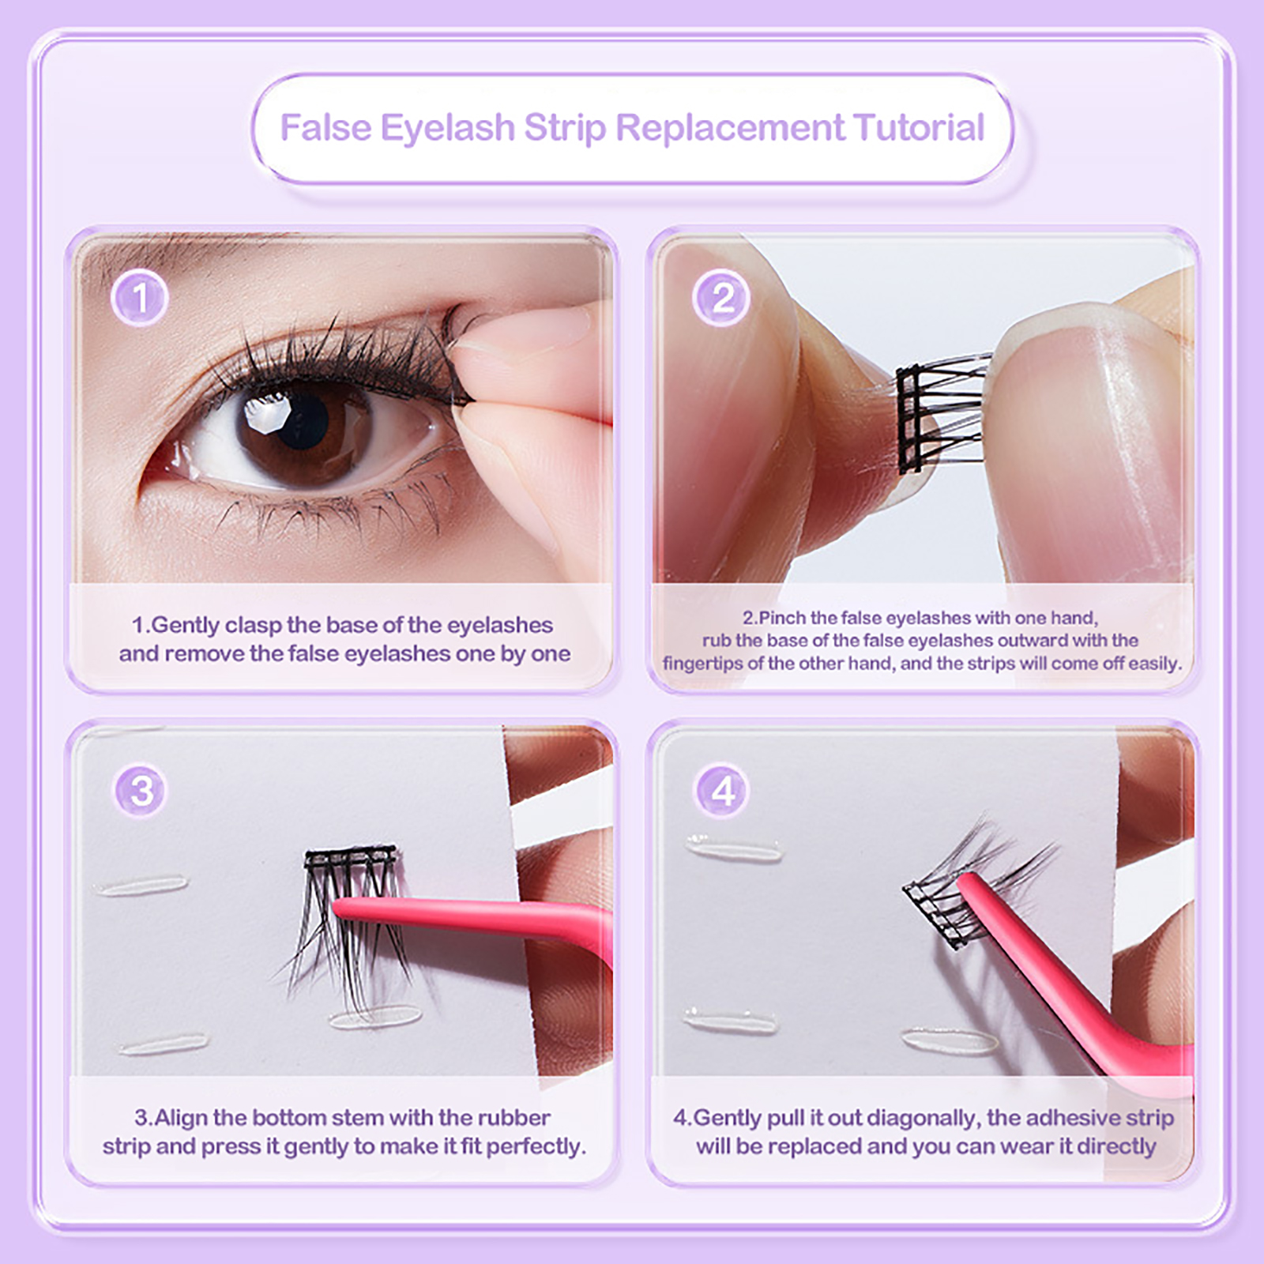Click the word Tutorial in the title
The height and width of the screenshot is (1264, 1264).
pos(919,127)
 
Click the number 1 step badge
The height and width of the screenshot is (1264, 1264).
pos(140,298)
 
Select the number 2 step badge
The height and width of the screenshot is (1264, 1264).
pos(722,298)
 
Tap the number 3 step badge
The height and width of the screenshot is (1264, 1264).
pos(141,790)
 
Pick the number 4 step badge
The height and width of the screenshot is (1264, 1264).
pos(723,790)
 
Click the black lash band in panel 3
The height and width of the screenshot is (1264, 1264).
pos(350,856)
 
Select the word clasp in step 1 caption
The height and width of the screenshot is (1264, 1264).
pos(253,626)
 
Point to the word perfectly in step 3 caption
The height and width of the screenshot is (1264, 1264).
pos(536,1147)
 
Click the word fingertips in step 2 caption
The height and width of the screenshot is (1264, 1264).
pos(702,664)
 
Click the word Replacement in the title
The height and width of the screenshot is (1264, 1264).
pos(731,127)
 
